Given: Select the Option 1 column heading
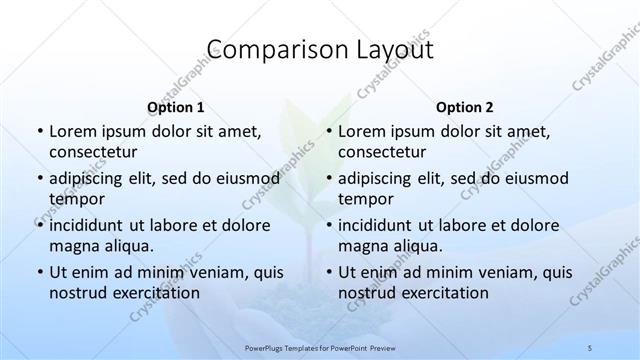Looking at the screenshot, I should click(175, 107).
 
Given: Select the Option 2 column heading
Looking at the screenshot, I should click(465, 107).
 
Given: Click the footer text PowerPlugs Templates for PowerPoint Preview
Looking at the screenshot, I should click(320, 344).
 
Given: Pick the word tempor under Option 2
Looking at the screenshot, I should click(364, 198).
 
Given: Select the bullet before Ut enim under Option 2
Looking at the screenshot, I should click(328, 272).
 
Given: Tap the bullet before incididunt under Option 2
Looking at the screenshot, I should click(328, 225).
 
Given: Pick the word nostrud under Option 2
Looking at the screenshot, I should click(367, 292).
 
